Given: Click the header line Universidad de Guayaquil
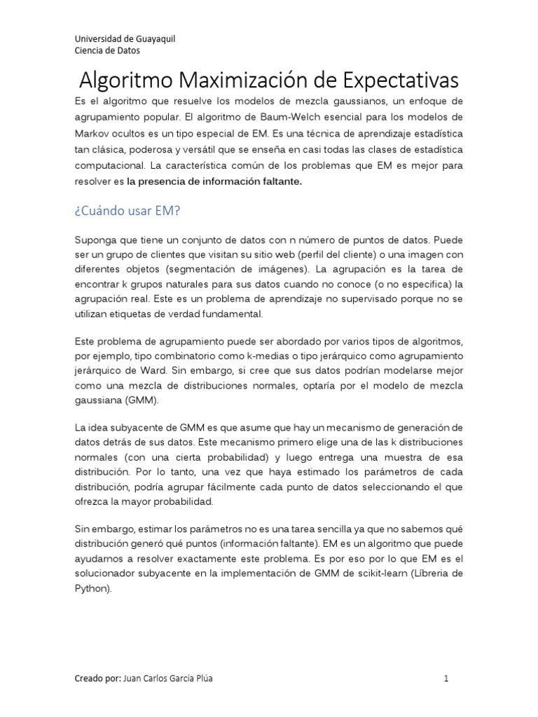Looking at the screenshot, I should pos(125,39).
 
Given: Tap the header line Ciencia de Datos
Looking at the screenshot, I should pos(107,50).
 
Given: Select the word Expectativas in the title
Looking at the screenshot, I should pos(396,78).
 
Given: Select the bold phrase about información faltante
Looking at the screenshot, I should pos(214,181).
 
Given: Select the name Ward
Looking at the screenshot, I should pos(158,370).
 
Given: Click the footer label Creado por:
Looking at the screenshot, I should pos(97,678).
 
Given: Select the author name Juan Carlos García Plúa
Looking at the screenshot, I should pos(168,678).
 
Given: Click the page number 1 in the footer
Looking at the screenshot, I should pos(446,678).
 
